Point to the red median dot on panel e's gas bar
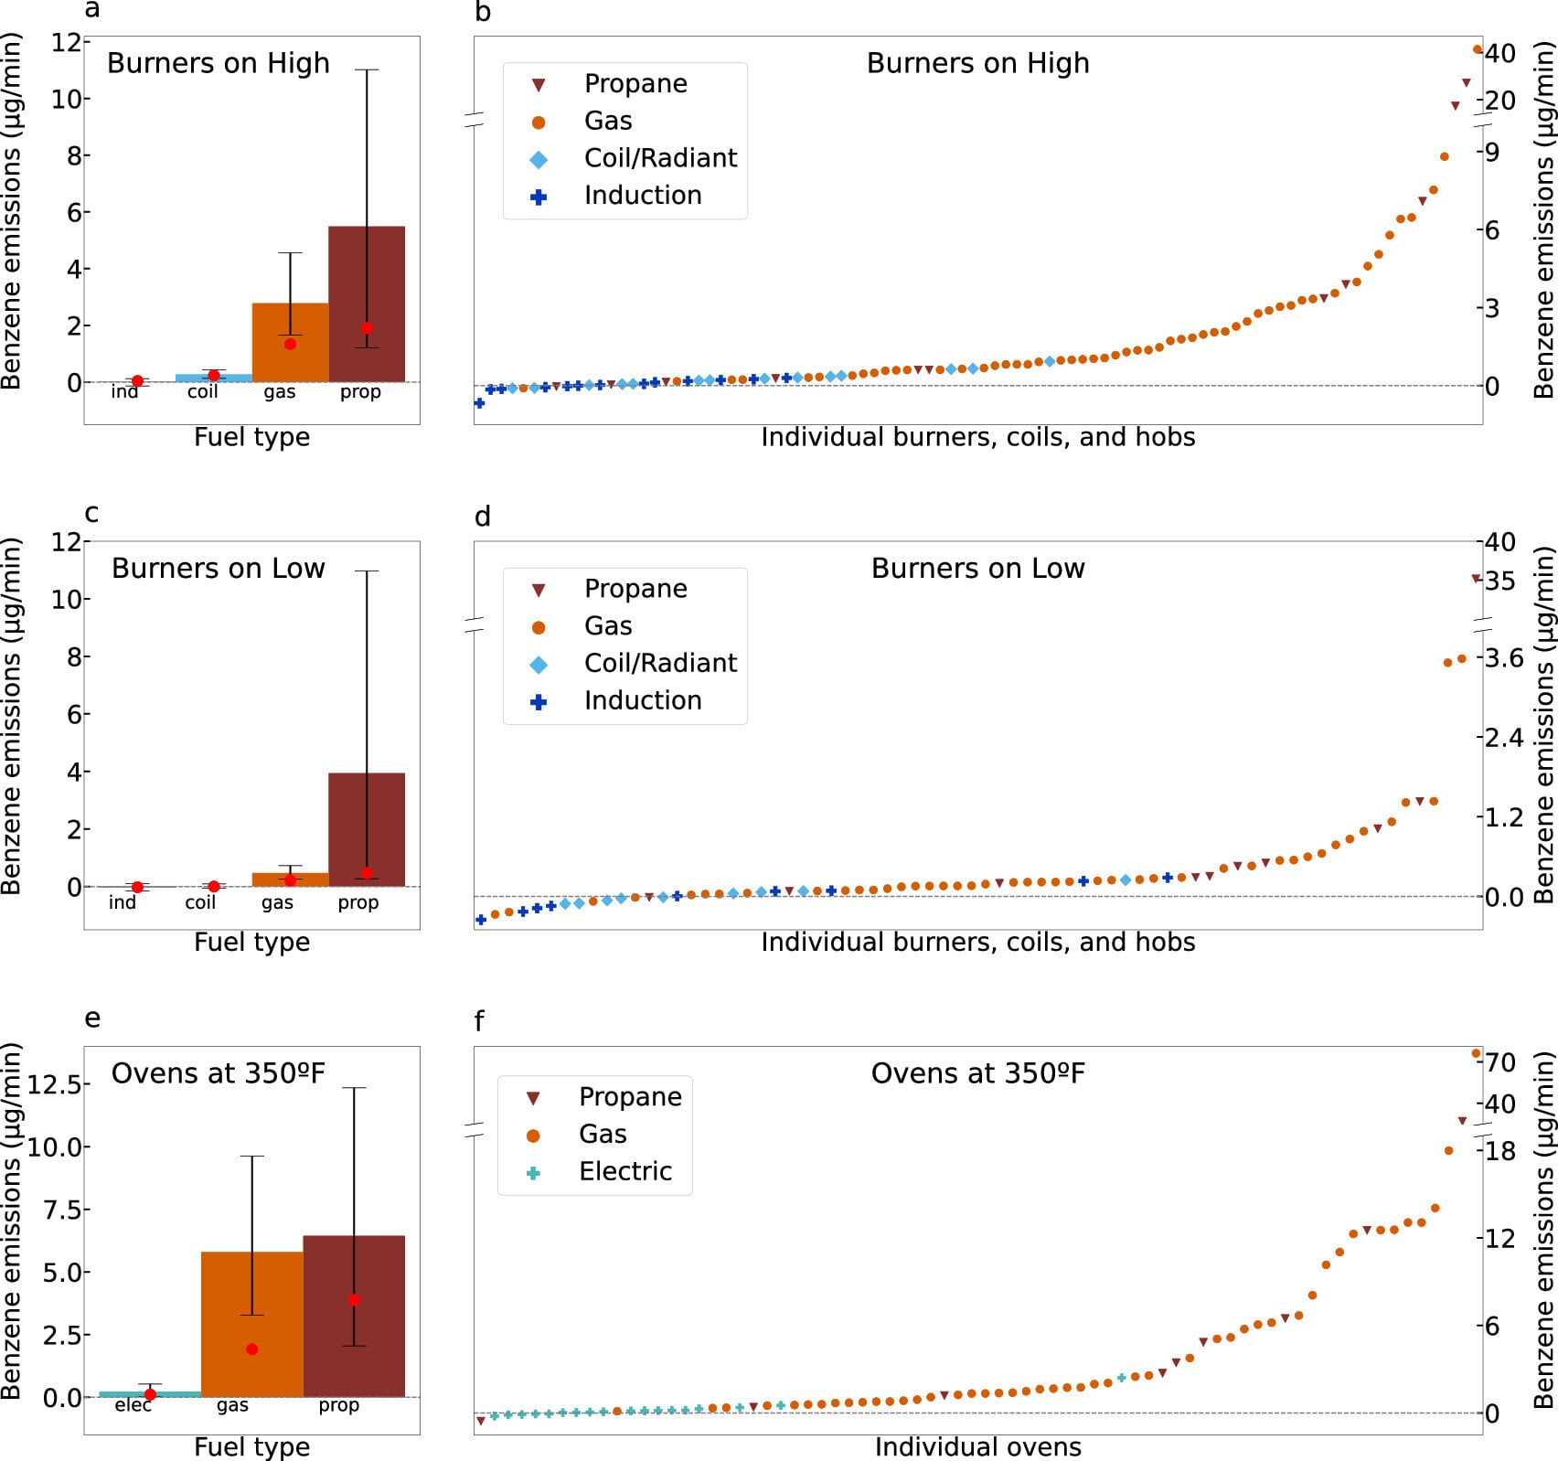coord(252,1349)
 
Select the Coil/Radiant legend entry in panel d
coord(659,663)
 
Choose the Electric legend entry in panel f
coord(624,1171)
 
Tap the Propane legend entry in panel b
coord(635,84)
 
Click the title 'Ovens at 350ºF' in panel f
coord(977,1073)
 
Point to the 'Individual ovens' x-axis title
coord(977,1447)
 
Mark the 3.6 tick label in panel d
coord(1504,658)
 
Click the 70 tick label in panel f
coord(1501,1062)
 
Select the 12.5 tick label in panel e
coord(58,1084)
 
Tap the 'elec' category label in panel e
coord(133,1405)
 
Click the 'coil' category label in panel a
coord(202,392)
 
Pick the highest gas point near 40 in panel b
coord(1478,49)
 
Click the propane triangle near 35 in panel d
coord(1475,578)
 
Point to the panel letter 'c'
coord(91,514)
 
